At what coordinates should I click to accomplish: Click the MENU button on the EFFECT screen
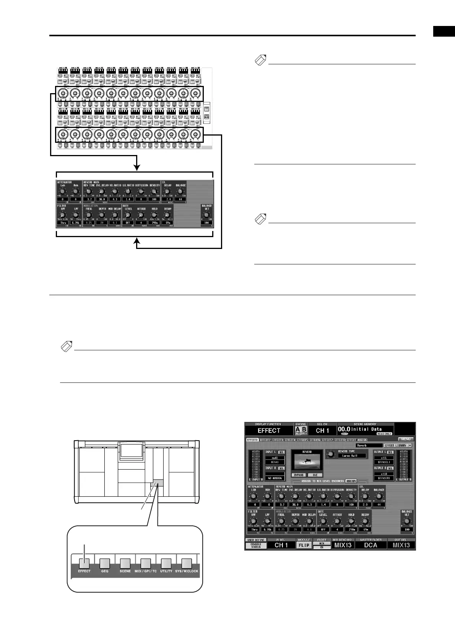(x=405, y=439)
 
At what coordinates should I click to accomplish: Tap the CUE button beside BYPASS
(x=315, y=475)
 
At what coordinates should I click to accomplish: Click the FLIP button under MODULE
(x=304, y=545)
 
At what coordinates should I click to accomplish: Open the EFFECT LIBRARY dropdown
(x=398, y=445)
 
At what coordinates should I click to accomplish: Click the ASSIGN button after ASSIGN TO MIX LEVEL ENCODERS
(x=351, y=481)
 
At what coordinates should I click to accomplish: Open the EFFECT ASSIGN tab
(x=357, y=440)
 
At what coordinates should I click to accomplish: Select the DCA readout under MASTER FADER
(x=370, y=545)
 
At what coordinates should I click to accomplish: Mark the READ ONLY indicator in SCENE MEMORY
(x=384, y=434)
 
